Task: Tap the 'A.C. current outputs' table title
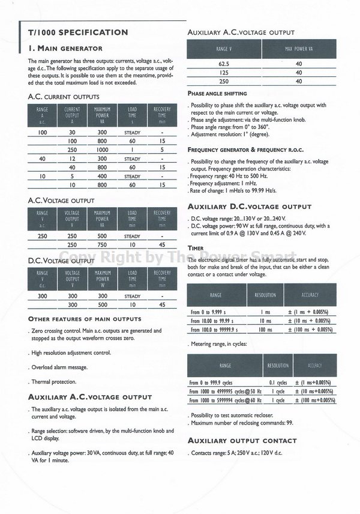(64, 97)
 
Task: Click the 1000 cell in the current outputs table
(102, 150)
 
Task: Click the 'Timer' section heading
(196, 247)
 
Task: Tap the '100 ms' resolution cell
(266, 330)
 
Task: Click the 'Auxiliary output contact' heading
(242, 441)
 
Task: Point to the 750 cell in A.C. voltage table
(102, 244)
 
